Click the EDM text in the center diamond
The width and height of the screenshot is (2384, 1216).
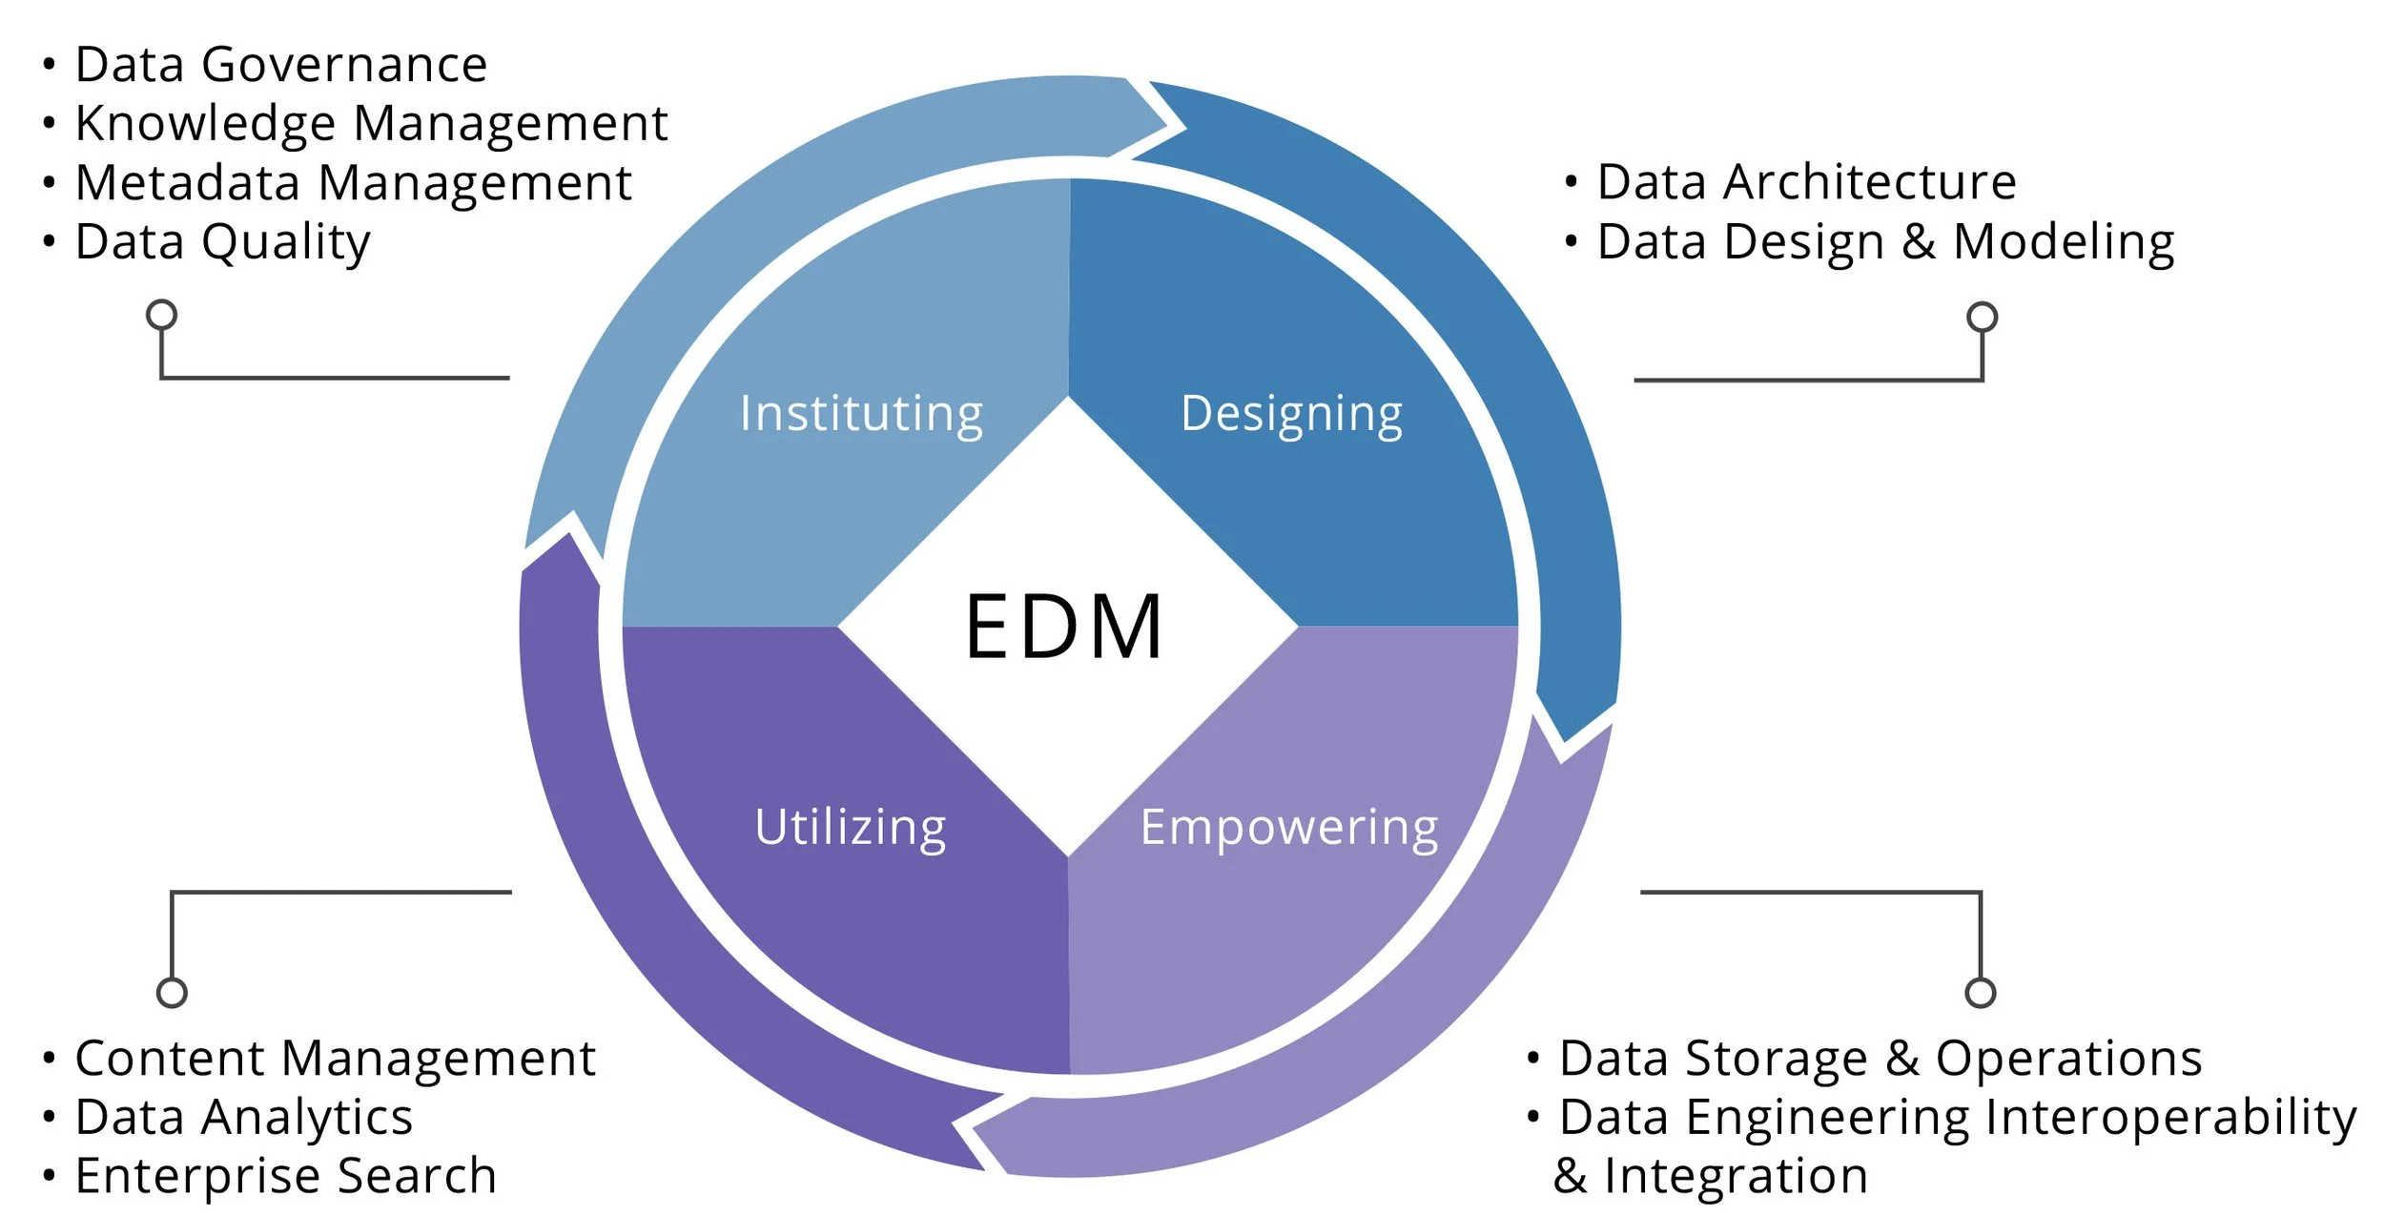point(1064,627)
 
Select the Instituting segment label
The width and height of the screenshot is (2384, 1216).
point(861,414)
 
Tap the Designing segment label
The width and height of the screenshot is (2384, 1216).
point(1291,414)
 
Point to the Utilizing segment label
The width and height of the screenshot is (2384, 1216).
point(850,827)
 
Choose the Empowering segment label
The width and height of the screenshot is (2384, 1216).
point(1288,827)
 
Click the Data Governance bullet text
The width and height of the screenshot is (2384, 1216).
point(280,65)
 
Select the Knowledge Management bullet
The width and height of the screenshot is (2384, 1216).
point(371,123)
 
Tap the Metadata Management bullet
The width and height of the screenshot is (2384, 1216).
point(353,182)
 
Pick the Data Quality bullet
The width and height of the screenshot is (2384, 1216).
point(222,241)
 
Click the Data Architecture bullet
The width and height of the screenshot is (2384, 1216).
point(1806,181)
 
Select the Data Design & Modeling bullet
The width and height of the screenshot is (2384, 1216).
point(1885,241)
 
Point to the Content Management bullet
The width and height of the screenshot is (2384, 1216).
point(335,1058)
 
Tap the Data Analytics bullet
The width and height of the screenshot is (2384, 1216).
point(243,1117)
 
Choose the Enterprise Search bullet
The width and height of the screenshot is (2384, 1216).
point(285,1175)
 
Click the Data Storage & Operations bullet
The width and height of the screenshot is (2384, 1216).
point(1880,1058)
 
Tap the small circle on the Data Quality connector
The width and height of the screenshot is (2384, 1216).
point(161,314)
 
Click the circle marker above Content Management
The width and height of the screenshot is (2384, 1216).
point(172,992)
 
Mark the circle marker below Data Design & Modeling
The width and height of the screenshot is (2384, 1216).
point(1982,317)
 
